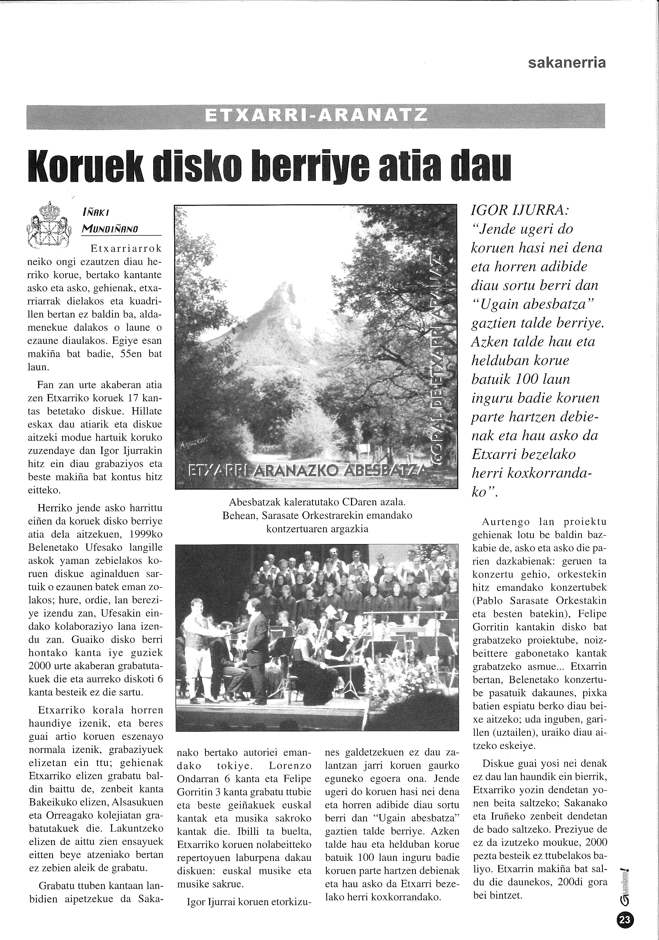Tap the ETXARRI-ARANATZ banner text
pos(316,116)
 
